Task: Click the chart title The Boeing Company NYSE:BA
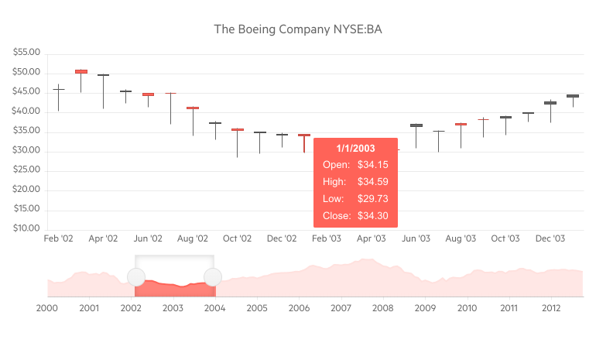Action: point(298,29)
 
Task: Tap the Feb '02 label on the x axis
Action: point(58,238)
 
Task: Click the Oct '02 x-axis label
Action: point(238,238)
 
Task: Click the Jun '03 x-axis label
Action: point(416,238)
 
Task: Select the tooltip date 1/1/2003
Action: point(356,149)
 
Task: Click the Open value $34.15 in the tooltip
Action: point(373,165)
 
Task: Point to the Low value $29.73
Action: point(373,199)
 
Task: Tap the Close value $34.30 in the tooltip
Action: point(373,216)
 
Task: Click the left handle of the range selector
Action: point(135,277)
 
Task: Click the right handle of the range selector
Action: point(213,277)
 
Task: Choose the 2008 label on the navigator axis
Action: point(382,308)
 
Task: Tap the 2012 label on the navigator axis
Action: point(550,308)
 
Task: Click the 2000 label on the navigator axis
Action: point(47,308)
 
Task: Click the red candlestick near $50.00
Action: point(81,71)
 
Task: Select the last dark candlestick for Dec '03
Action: point(573,96)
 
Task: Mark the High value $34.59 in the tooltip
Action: point(373,182)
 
